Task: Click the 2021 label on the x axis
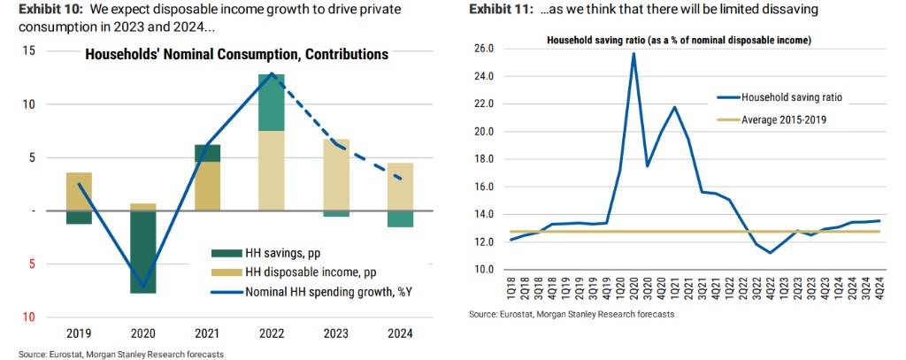(x=206, y=333)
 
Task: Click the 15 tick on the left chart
(x=29, y=51)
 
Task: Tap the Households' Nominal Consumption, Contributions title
(x=236, y=55)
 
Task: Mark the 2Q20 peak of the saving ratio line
(x=634, y=53)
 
